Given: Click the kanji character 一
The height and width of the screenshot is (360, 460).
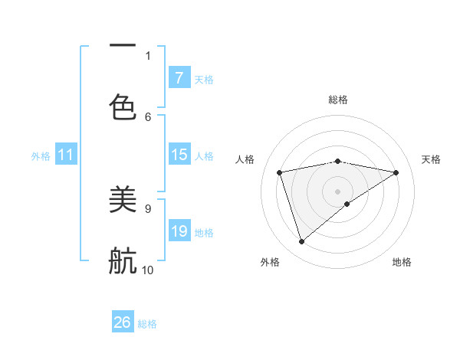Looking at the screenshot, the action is [x=123, y=46].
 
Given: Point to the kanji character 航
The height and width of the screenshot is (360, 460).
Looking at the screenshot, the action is [x=123, y=260].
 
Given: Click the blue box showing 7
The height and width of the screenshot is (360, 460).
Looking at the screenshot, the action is [x=179, y=77].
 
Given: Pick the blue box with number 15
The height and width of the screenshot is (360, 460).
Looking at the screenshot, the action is [x=179, y=155].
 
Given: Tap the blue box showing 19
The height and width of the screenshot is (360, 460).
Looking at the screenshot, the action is [x=179, y=231].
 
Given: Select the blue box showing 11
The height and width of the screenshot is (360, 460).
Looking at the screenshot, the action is [x=65, y=155].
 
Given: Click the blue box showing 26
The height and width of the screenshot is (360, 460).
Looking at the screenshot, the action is [x=123, y=322].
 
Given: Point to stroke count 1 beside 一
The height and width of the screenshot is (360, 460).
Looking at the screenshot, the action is [x=148, y=55].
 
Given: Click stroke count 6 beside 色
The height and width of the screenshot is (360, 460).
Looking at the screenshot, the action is [x=148, y=116].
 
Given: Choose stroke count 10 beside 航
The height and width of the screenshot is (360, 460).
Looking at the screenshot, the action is [x=148, y=270].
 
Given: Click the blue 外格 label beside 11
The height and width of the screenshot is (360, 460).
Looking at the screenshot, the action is [x=41, y=156].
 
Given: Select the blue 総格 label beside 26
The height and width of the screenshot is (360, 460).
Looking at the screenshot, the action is [x=147, y=324].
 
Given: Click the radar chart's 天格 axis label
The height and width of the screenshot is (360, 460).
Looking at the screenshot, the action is [x=431, y=159].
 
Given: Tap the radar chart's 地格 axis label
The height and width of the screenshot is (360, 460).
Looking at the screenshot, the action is [x=402, y=262].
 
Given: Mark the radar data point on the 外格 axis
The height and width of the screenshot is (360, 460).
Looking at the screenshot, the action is [x=301, y=242].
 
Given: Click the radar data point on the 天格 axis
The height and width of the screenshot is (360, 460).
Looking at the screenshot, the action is [x=396, y=172].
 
